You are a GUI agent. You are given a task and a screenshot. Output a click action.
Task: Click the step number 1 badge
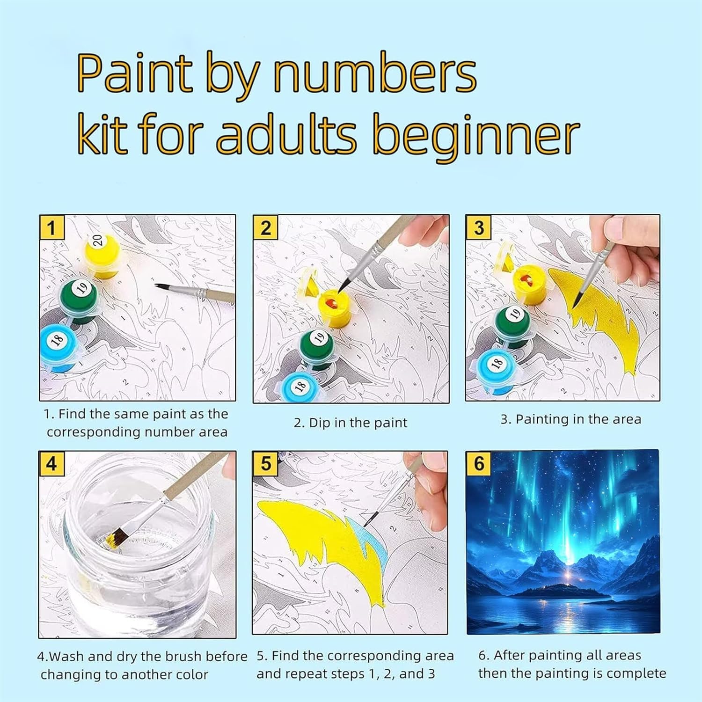click(x=51, y=228)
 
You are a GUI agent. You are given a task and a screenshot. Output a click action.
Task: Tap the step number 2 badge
click(x=265, y=228)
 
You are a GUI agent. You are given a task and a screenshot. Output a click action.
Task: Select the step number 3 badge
click(x=478, y=228)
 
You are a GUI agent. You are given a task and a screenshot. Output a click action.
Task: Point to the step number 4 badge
click(x=51, y=464)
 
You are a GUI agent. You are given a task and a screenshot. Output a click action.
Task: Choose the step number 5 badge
click(x=265, y=464)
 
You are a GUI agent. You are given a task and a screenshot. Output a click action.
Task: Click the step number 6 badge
click(x=479, y=464)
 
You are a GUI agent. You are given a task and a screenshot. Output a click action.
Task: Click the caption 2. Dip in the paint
click(x=351, y=423)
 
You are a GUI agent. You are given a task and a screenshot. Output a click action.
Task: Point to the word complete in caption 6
click(x=636, y=673)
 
